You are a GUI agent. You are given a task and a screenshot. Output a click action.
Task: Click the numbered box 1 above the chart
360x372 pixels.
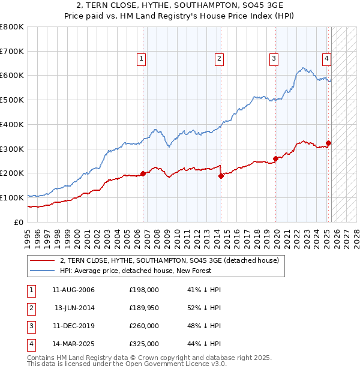141,58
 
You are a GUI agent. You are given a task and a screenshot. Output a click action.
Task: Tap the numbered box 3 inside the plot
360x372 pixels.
274,58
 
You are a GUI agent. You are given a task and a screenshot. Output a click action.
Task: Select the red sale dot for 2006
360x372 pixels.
143,173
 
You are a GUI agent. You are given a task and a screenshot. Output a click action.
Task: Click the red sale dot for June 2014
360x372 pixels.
221,176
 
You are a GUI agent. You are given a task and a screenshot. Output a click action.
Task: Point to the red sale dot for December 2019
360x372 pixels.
276,158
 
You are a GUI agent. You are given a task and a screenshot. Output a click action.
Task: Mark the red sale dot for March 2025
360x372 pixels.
329,143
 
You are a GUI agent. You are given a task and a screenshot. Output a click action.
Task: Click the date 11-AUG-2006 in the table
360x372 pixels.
73,290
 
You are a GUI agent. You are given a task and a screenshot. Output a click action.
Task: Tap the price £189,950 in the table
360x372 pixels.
143,308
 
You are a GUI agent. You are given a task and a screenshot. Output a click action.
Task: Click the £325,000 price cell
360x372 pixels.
143,344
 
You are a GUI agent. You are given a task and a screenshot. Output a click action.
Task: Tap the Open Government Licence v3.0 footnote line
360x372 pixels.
127,364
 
